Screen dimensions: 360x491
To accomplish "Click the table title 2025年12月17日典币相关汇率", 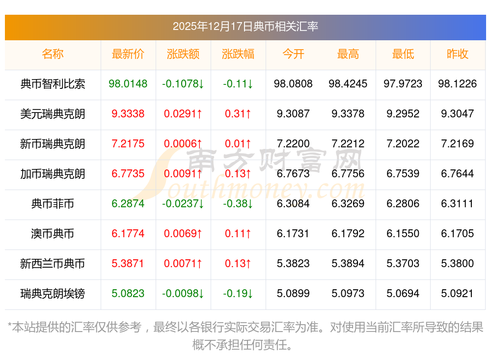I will pos(245,26).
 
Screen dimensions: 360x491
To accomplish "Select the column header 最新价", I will pos(128,54).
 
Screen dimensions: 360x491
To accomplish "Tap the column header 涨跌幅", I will pos(238,54).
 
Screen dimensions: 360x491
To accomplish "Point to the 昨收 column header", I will pos(458,54).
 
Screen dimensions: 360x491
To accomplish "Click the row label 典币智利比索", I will pos(53,84).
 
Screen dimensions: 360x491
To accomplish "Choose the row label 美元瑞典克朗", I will pos(53,114).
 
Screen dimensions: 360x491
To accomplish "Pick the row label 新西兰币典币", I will pos(53,264).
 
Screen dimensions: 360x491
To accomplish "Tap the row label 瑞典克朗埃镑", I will pos(53,294).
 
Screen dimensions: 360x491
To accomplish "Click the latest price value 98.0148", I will pos(128,84).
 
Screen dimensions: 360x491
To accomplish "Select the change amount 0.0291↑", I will pos(183,114).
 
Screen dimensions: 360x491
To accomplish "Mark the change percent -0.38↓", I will pos(238,204).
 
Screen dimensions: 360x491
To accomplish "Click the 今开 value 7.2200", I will pos(293,144).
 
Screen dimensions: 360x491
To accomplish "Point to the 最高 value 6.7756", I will pos(348,174).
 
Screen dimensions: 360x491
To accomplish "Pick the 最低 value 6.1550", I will pos(403,234).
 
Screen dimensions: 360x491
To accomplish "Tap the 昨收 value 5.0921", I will pos(458,294).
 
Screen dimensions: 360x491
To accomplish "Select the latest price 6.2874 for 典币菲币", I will pos(128,204).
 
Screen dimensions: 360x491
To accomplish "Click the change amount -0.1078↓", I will pos(183,84).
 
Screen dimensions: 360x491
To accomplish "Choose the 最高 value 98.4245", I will pos(348,84).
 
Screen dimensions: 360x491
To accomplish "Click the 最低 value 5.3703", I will pos(403,264).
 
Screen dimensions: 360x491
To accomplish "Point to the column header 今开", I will pos(293,54).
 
